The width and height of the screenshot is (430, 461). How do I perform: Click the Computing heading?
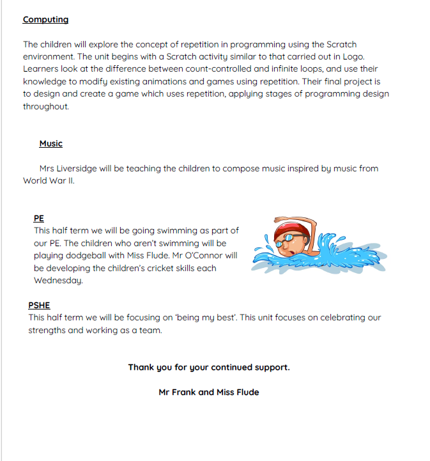click(45, 19)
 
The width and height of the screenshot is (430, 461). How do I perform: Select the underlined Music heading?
click(50, 143)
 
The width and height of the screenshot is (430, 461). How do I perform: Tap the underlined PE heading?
click(38, 218)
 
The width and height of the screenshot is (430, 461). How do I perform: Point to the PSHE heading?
click(39, 305)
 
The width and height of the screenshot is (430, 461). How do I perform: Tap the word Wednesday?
click(59, 280)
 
